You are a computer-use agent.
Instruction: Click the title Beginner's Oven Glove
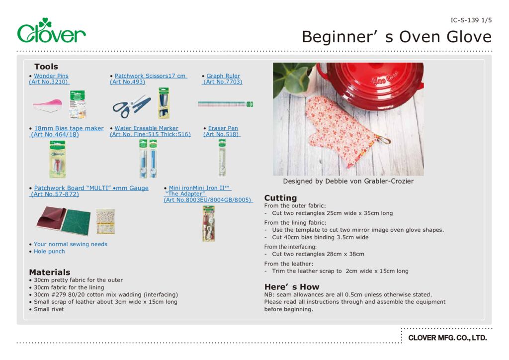pos(396,37)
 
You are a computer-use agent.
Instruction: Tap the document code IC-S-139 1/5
pos(470,20)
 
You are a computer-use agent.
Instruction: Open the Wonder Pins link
pos(51,76)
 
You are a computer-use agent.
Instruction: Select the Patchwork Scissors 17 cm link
pos(150,76)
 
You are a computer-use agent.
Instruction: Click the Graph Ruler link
pos(223,76)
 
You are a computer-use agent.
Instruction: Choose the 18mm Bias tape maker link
pos(69,128)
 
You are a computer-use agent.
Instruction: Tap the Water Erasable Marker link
pos(146,128)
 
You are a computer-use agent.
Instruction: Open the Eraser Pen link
pos(223,128)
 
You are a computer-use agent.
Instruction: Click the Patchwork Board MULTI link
pos(91,188)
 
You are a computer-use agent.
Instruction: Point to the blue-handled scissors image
pos(131,106)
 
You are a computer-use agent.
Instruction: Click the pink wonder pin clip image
pos(47,104)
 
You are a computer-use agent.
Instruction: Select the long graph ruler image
pos(225,104)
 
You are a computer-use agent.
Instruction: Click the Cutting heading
pos(280,198)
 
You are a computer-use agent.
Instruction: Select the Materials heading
pos(50,272)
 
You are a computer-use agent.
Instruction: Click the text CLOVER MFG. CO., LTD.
pos(447,338)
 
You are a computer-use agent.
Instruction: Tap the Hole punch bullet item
pos(49,251)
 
